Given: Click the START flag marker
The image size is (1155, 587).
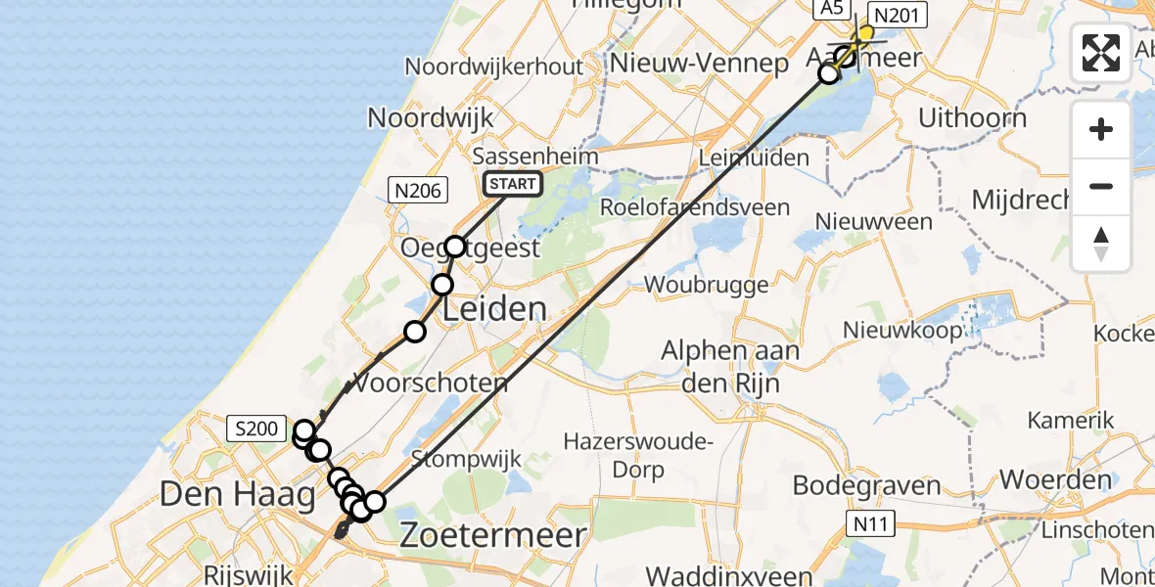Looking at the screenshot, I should point(513,183).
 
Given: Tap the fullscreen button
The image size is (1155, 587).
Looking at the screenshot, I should point(1101,53).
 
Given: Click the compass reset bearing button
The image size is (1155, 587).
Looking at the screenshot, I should point(1101,244).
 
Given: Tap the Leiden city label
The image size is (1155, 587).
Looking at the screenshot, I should point(495,310).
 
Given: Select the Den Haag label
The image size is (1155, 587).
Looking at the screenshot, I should point(237,494).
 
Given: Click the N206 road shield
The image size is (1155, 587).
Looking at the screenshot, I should point(417,191).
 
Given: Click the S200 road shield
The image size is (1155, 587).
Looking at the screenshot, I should point(256,428).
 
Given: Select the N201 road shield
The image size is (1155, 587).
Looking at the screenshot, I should point(893,15).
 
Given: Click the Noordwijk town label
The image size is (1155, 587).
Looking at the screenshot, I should point(430,118).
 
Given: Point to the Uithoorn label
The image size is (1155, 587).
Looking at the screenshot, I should point(972,118).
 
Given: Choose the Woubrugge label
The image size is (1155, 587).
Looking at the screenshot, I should point(694,284).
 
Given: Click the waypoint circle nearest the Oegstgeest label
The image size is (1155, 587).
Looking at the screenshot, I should point(455,246).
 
